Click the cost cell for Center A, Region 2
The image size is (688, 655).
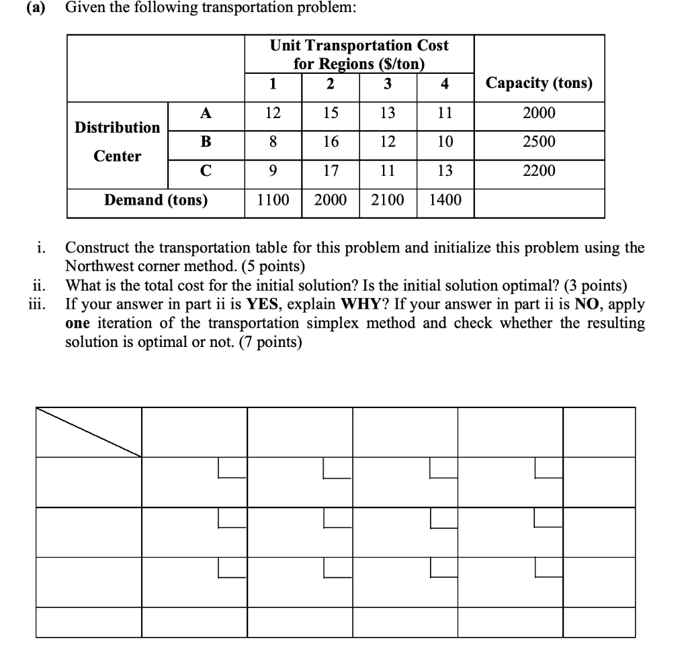coord(331,113)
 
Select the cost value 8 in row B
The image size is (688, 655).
coord(272,142)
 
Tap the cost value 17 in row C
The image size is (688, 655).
coord(331,170)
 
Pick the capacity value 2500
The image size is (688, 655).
coord(539,142)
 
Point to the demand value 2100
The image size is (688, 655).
coord(387,199)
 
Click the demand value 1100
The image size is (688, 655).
coord(272,199)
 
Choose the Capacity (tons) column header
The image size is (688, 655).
coord(539,83)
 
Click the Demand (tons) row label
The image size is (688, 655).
coord(156,199)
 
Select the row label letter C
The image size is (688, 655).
coord(206,170)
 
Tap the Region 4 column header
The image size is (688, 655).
coord(444,84)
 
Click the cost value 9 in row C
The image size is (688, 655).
coord(272,170)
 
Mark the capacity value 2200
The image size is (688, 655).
coord(539,170)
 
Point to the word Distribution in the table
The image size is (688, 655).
coord(118,127)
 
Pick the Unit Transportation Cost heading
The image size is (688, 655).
coord(359,46)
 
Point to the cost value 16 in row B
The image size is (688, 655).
coord(331,142)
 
